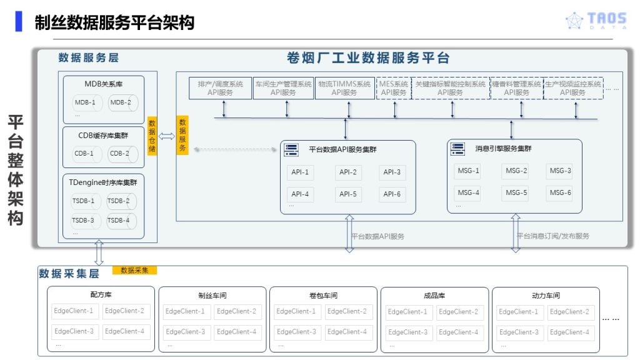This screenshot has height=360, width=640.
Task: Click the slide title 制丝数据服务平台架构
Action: click(114, 22)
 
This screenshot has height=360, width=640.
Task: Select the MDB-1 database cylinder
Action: click(86, 102)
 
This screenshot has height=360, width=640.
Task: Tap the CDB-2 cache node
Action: click(120, 153)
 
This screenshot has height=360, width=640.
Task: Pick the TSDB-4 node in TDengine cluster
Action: click(119, 220)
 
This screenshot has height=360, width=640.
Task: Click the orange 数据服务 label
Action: click(182, 135)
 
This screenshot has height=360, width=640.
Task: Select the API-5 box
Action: click(348, 194)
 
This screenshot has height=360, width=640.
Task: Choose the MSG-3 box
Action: click(559, 171)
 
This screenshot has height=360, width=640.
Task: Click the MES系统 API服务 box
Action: click(394, 88)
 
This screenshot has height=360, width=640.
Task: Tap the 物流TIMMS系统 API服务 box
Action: click(344, 88)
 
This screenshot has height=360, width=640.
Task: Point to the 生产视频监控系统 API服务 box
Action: click(572, 88)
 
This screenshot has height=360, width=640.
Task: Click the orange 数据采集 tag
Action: click(134, 271)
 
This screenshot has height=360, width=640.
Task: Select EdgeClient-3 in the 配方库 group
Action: click(74, 331)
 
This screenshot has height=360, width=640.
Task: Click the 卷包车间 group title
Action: click(323, 296)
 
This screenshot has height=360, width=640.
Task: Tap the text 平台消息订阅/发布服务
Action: click(552, 236)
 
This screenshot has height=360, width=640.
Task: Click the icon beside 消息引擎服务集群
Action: click(458, 149)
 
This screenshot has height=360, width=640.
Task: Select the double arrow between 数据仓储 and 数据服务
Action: click(167, 136)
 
